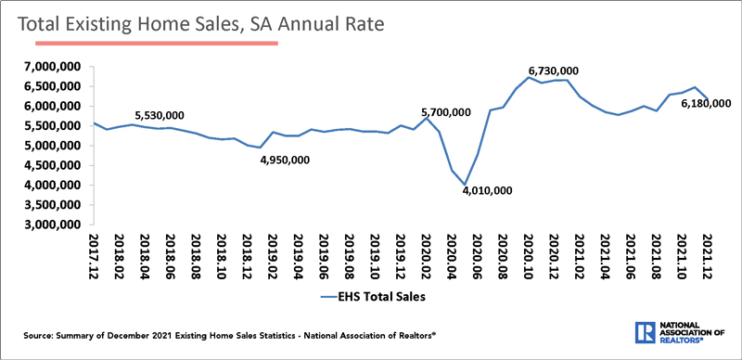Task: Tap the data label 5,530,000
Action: pos(160,115)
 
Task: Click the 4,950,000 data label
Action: pos(285,160)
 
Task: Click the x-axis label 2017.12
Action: pos(94,256)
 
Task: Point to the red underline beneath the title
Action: pos(148,43)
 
